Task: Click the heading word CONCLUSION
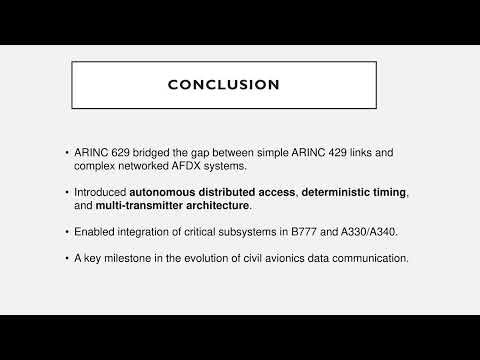pyautogui.click(x=223, y=85)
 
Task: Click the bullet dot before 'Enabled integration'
pyautogui.click(x=66, y=231)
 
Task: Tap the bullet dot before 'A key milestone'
pyautogui.click(x=66, y=259)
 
